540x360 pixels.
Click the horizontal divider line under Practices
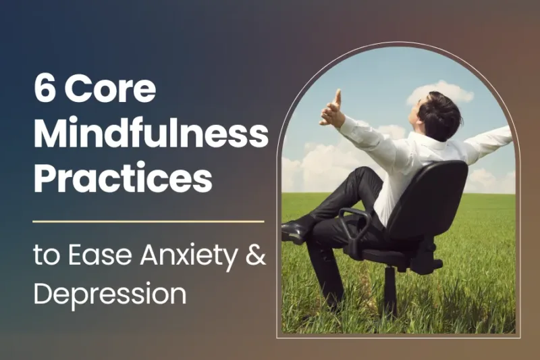coord(148,221)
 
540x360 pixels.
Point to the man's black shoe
coord(296,232)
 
